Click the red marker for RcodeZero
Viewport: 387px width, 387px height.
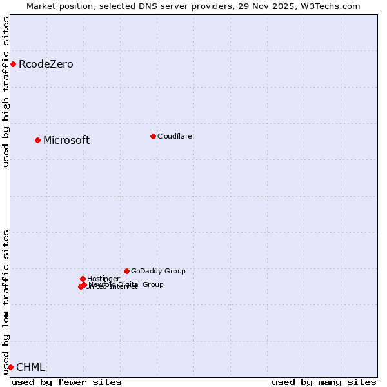click(x=13, y=64)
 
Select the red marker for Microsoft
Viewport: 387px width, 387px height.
click(x=37, y=140)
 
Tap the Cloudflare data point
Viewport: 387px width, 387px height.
click(x=153, y=136)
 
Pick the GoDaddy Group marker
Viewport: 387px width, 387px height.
click(x=126, y=271)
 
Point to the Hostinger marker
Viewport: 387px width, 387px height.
click(x=83, y=279)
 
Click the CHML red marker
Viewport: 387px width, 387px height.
click(x=10, y=367)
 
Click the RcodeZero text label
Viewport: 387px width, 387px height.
click(x=46, y=64)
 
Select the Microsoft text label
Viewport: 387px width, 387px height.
click(x=66, y=140)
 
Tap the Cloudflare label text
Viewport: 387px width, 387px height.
click(x=174, y=136)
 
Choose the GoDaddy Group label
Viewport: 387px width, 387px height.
click(x=158, y=271)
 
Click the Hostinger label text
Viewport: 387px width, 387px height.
click(x=103, y=279)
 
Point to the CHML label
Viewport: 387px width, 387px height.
click(x=30, y=367)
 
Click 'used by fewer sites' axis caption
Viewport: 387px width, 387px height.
click(x=66, y=382)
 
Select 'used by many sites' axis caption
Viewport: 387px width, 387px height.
click(x=324, y=382)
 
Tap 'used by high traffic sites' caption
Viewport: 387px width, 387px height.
click(x=6, y=92)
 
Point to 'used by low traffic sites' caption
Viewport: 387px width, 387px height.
click(x=6, y=302)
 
